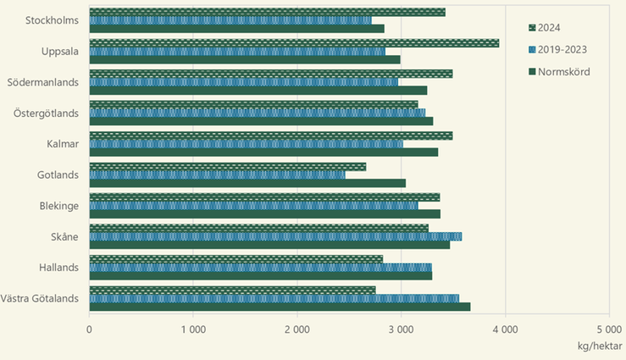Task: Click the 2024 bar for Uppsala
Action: point(294,42)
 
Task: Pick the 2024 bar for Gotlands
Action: point(227,167)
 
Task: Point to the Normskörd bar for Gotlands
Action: point(247,183)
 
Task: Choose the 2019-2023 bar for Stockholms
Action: point(230,19)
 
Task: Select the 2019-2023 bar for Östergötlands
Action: point(258,113)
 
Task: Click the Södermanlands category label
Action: point(42,82)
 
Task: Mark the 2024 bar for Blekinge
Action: point(264,197)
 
